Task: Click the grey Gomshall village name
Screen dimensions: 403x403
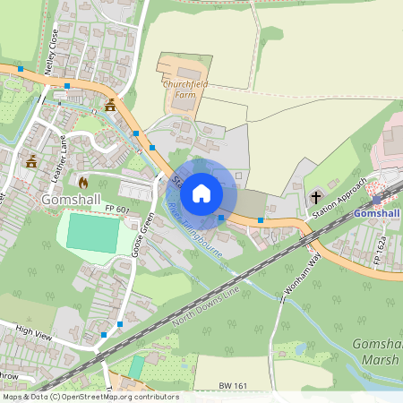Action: [69, 200]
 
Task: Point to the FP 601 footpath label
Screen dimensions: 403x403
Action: [116, 210]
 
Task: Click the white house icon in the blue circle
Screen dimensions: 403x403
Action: [201, 193]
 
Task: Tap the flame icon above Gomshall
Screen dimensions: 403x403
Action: [83, 182]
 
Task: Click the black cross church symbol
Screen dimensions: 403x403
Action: [316, 196]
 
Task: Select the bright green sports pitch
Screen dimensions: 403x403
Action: [92, 234]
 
